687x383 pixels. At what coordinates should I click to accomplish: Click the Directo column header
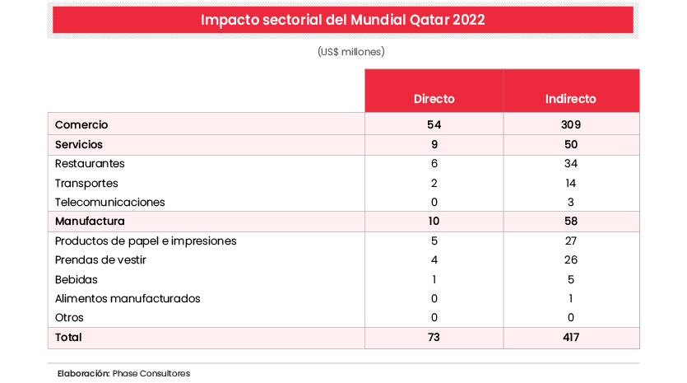[434, 99]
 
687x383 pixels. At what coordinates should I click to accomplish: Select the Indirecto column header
[570, 99]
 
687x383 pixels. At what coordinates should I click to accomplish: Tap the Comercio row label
[81, 124]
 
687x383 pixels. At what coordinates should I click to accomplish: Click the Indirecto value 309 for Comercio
[570, 124]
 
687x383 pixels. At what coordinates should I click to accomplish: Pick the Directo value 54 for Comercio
[434, 124]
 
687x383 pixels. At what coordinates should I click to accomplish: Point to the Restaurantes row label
[90, 163]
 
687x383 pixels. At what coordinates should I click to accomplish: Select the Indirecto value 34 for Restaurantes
[570, 163]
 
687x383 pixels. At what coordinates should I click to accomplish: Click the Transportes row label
[86, 183]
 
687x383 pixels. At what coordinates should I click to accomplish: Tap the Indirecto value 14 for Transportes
[570, 183]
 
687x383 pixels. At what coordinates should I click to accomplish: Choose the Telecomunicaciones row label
[109, 202]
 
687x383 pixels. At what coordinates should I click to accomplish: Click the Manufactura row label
[89, 221]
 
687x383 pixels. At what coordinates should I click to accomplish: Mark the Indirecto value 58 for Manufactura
[570, 221]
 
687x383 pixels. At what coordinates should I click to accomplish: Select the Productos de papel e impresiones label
[146, 241]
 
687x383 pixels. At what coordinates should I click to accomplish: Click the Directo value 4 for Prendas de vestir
[434, 260]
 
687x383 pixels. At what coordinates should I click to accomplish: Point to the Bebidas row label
[76, 279]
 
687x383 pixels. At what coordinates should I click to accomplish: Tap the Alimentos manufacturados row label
[128, 298]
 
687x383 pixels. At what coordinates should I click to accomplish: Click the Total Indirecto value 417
[570, 337]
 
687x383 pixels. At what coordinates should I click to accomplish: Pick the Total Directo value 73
[434, 337]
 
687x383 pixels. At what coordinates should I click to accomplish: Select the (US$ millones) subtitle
[351, 51]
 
